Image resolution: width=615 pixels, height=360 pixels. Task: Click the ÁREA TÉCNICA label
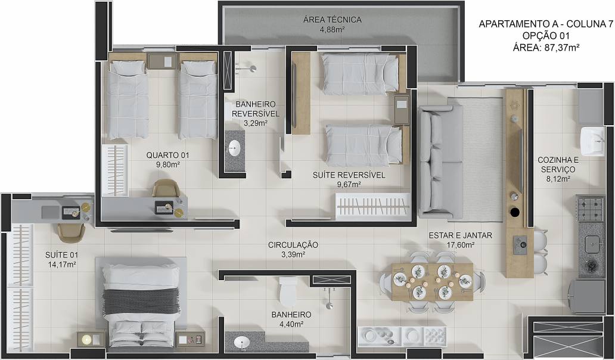click(x=332, y=20)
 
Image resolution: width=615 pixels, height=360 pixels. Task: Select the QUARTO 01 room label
click(x=167, y=156)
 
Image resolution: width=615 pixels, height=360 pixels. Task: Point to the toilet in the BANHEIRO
click(x=288, y=291)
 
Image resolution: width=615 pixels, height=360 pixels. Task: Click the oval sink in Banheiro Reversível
click(x=234, y=148)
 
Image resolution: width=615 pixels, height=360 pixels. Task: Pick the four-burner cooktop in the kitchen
click(x=591, y=209)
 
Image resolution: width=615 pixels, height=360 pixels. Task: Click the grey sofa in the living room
click(x=440, y=162)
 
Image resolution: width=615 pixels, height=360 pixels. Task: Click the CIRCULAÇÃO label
click(x=293, y=245)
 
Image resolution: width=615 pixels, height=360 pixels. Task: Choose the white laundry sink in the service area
click(x=592, y=142)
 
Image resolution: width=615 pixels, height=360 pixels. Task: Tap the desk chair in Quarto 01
click(x=166, y=188)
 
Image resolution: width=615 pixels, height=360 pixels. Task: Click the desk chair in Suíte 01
click(x=71, y=232)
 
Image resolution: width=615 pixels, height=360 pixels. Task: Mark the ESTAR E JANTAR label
click(x=460, y=235)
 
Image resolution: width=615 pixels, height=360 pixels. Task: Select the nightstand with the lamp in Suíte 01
click(x=91, y=339)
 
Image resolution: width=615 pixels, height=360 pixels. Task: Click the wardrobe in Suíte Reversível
click(x=372, y=205)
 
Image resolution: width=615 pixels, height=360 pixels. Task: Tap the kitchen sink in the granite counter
click(x=592, y=244)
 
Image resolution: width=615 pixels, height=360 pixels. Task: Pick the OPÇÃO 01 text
click(x=546, y=36)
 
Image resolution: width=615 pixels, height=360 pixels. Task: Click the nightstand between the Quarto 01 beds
click(x=162, y=61)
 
